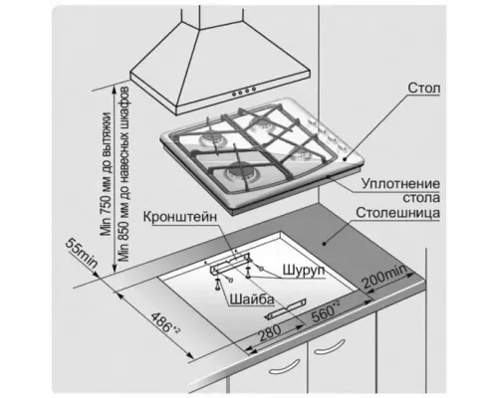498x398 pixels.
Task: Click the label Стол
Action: [424, 89]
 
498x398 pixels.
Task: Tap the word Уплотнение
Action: [400, 184]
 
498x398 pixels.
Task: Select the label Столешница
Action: [398, 213]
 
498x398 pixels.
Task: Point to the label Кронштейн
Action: [180, 217]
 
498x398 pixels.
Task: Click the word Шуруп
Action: [304, 271]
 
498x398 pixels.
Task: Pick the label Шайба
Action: [252, 299]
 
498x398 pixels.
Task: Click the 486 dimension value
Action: [165, 322]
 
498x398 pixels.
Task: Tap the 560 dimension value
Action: [326, 310]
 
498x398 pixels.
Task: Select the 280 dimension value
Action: [270, 332]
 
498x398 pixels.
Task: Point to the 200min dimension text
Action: [383, 277]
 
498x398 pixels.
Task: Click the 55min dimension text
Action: [82, 253]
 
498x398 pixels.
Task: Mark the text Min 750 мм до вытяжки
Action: [107, 174]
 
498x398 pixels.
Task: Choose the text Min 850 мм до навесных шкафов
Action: [124, 174]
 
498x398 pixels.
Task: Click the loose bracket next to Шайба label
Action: [286, 308]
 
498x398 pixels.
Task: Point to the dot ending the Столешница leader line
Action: [324, 244]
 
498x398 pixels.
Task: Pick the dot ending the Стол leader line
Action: [345, 159]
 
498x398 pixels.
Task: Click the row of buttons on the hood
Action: [244, 92]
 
